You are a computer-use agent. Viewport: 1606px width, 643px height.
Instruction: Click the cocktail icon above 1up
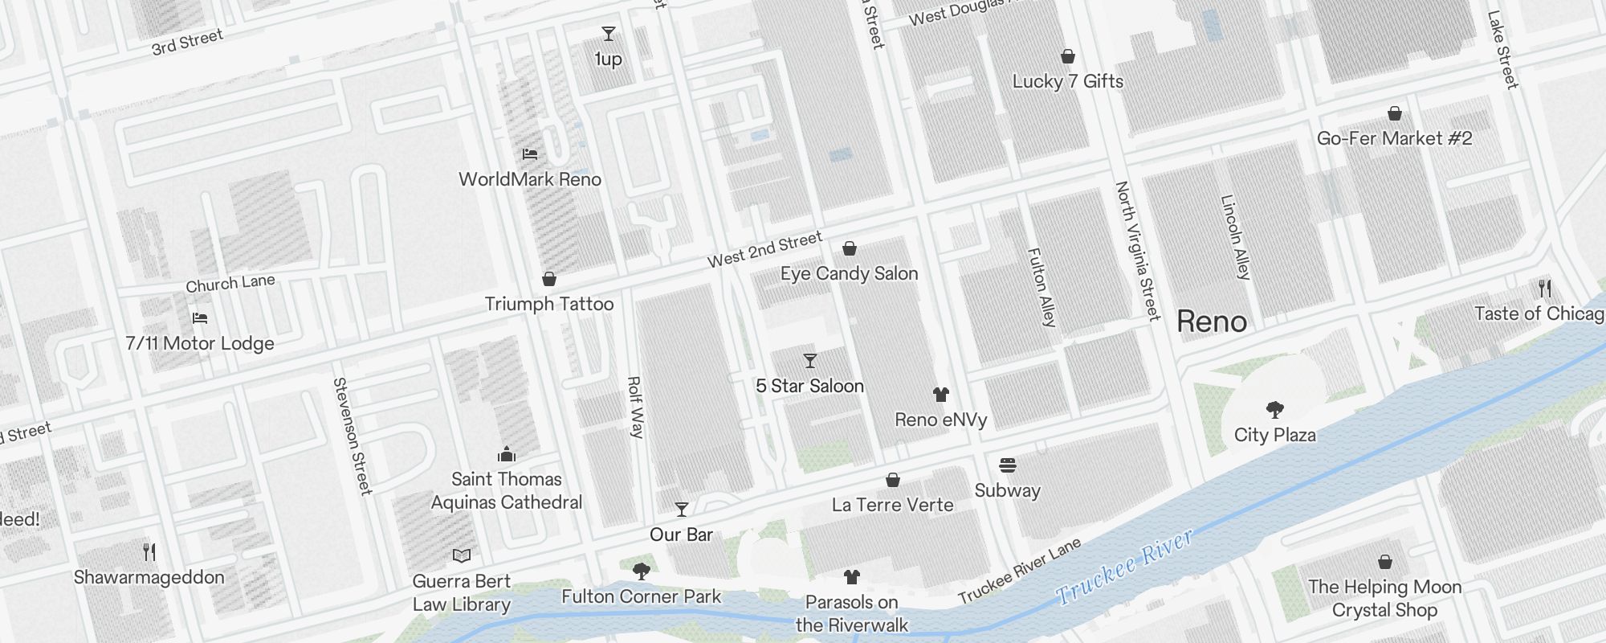tap(609, 34)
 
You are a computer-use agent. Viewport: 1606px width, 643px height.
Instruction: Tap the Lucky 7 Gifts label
tap(1067, 81)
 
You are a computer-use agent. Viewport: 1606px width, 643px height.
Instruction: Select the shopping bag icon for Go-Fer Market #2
tap(1395, 113)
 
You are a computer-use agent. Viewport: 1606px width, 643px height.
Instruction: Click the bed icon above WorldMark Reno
tap(529, 154)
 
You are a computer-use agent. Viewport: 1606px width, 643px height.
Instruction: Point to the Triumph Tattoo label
tap(549, 304)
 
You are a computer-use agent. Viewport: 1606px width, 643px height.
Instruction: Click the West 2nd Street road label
tap(764, 249)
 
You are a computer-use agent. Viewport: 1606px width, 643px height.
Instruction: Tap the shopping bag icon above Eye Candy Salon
tap(849, 248)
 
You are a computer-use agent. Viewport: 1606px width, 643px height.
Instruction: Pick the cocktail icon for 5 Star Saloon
tap(809, 361)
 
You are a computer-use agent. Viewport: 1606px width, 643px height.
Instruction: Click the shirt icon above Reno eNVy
tap(941, 395)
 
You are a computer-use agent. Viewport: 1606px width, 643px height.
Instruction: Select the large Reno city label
tap(1211, 321)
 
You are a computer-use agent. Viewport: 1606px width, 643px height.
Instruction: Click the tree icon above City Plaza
tap(1274, 410)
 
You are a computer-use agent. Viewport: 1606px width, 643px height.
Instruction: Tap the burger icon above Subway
tap(1008, 465)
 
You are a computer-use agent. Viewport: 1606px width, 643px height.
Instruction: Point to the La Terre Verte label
tap(892, 505)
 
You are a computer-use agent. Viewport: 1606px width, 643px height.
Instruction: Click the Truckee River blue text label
tap(1124, 567)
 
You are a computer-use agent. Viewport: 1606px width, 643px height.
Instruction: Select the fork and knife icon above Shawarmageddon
tap(149, 552)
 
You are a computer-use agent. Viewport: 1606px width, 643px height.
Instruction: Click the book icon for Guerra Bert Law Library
tap(461, 555)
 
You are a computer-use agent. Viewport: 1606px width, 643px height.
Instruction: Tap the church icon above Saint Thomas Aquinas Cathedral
tap(506, 454)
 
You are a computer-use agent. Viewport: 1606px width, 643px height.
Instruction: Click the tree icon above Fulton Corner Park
tap(641, 571)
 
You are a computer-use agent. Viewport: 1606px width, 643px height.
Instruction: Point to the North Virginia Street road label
tap(1138, 251)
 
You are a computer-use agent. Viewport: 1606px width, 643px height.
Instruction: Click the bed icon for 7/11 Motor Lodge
tap(200, 318)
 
